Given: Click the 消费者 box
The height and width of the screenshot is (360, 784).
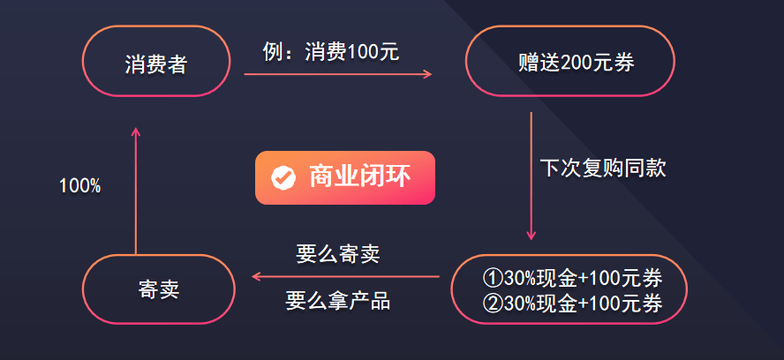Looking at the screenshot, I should (x=155, y=62).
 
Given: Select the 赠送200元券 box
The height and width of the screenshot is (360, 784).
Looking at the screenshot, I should (x=569, y=62).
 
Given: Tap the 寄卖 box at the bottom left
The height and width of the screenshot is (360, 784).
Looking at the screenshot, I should (x=159, y=289).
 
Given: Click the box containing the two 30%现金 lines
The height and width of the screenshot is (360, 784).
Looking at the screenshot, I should (x=569, y=289).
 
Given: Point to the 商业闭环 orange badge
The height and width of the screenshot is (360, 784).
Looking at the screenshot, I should (x=345, y=177).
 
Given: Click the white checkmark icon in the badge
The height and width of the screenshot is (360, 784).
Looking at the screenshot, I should (x=283, y=177).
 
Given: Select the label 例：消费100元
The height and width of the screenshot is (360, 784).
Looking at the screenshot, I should (x=331, y=52).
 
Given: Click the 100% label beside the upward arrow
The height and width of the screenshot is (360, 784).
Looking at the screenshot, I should (x=79, y=186).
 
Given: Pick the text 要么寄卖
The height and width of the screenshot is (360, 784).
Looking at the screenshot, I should (x=338, y=255).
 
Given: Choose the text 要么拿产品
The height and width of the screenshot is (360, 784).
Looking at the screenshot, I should (x=338, y=301).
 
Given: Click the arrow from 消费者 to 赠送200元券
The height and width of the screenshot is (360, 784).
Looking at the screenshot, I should (x=338, y=74).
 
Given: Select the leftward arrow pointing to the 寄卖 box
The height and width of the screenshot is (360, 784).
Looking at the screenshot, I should (x=345, y=277).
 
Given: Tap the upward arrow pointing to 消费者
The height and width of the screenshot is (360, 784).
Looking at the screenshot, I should (x=135, y=190).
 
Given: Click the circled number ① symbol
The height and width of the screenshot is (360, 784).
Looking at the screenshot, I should (x=493, y=278).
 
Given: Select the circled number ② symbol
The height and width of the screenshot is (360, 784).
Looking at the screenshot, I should (x=493, y=304).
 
